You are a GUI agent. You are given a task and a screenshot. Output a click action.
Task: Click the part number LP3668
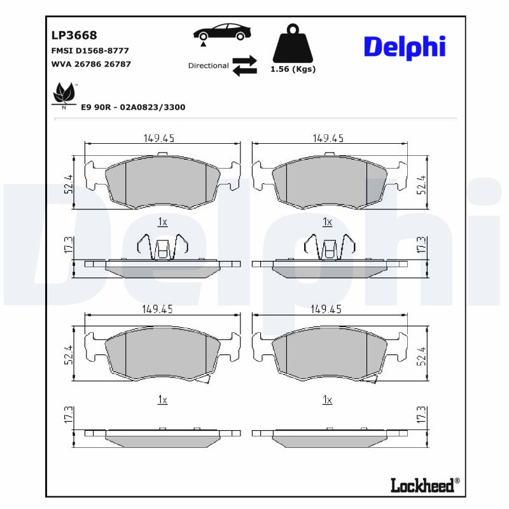(x=74, y=36)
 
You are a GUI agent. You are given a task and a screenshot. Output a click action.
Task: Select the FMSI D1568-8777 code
(x=89, y=50)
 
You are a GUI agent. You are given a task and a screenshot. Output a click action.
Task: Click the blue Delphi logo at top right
(x=404, y=47)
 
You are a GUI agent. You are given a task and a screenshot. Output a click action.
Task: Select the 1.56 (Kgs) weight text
(x=293, y=69)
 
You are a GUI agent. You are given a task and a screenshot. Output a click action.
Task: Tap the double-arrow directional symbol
(x=244, y=66)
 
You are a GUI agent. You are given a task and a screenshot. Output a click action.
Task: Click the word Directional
(x=208, y=66)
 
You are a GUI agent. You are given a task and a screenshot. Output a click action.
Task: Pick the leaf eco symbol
(x=63, y=95)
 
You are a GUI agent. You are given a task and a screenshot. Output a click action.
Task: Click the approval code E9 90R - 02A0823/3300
(x=133, y=108)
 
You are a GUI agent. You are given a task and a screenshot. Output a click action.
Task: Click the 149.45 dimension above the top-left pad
(x=158, y=138)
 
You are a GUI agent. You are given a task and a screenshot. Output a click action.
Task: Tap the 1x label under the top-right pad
(x=327, y=222)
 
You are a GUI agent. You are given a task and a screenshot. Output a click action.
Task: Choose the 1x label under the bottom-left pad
(x=162, y=400)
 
